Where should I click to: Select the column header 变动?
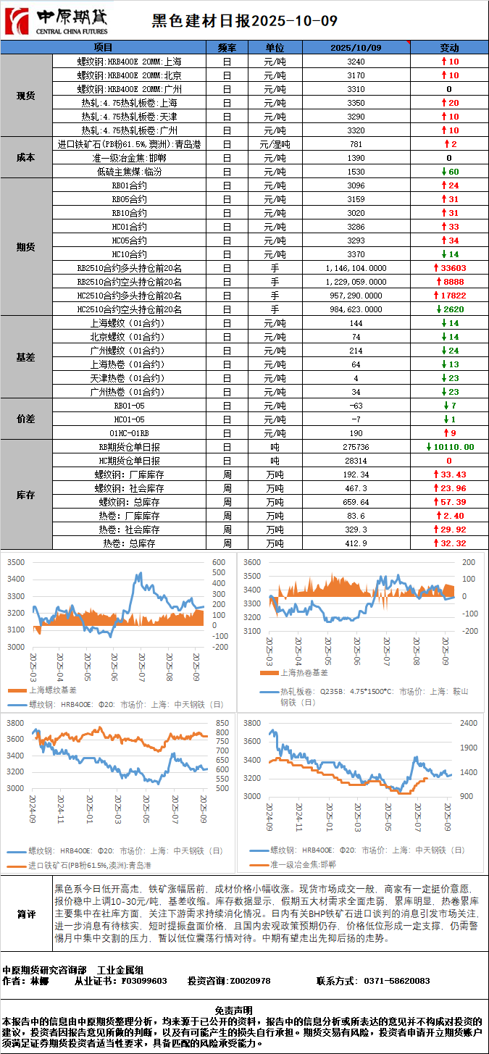coord(449,47)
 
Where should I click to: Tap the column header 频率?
coord(227,47)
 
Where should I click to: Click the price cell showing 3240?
coord(356,62)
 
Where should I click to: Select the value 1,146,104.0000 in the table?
coord(356,268)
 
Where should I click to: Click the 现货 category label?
coord(26,96)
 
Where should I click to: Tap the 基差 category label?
coord(26,357)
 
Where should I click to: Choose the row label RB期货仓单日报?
coord(130,447)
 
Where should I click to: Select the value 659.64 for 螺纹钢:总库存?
coord(356,502)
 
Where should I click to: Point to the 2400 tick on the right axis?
coord(469,724)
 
